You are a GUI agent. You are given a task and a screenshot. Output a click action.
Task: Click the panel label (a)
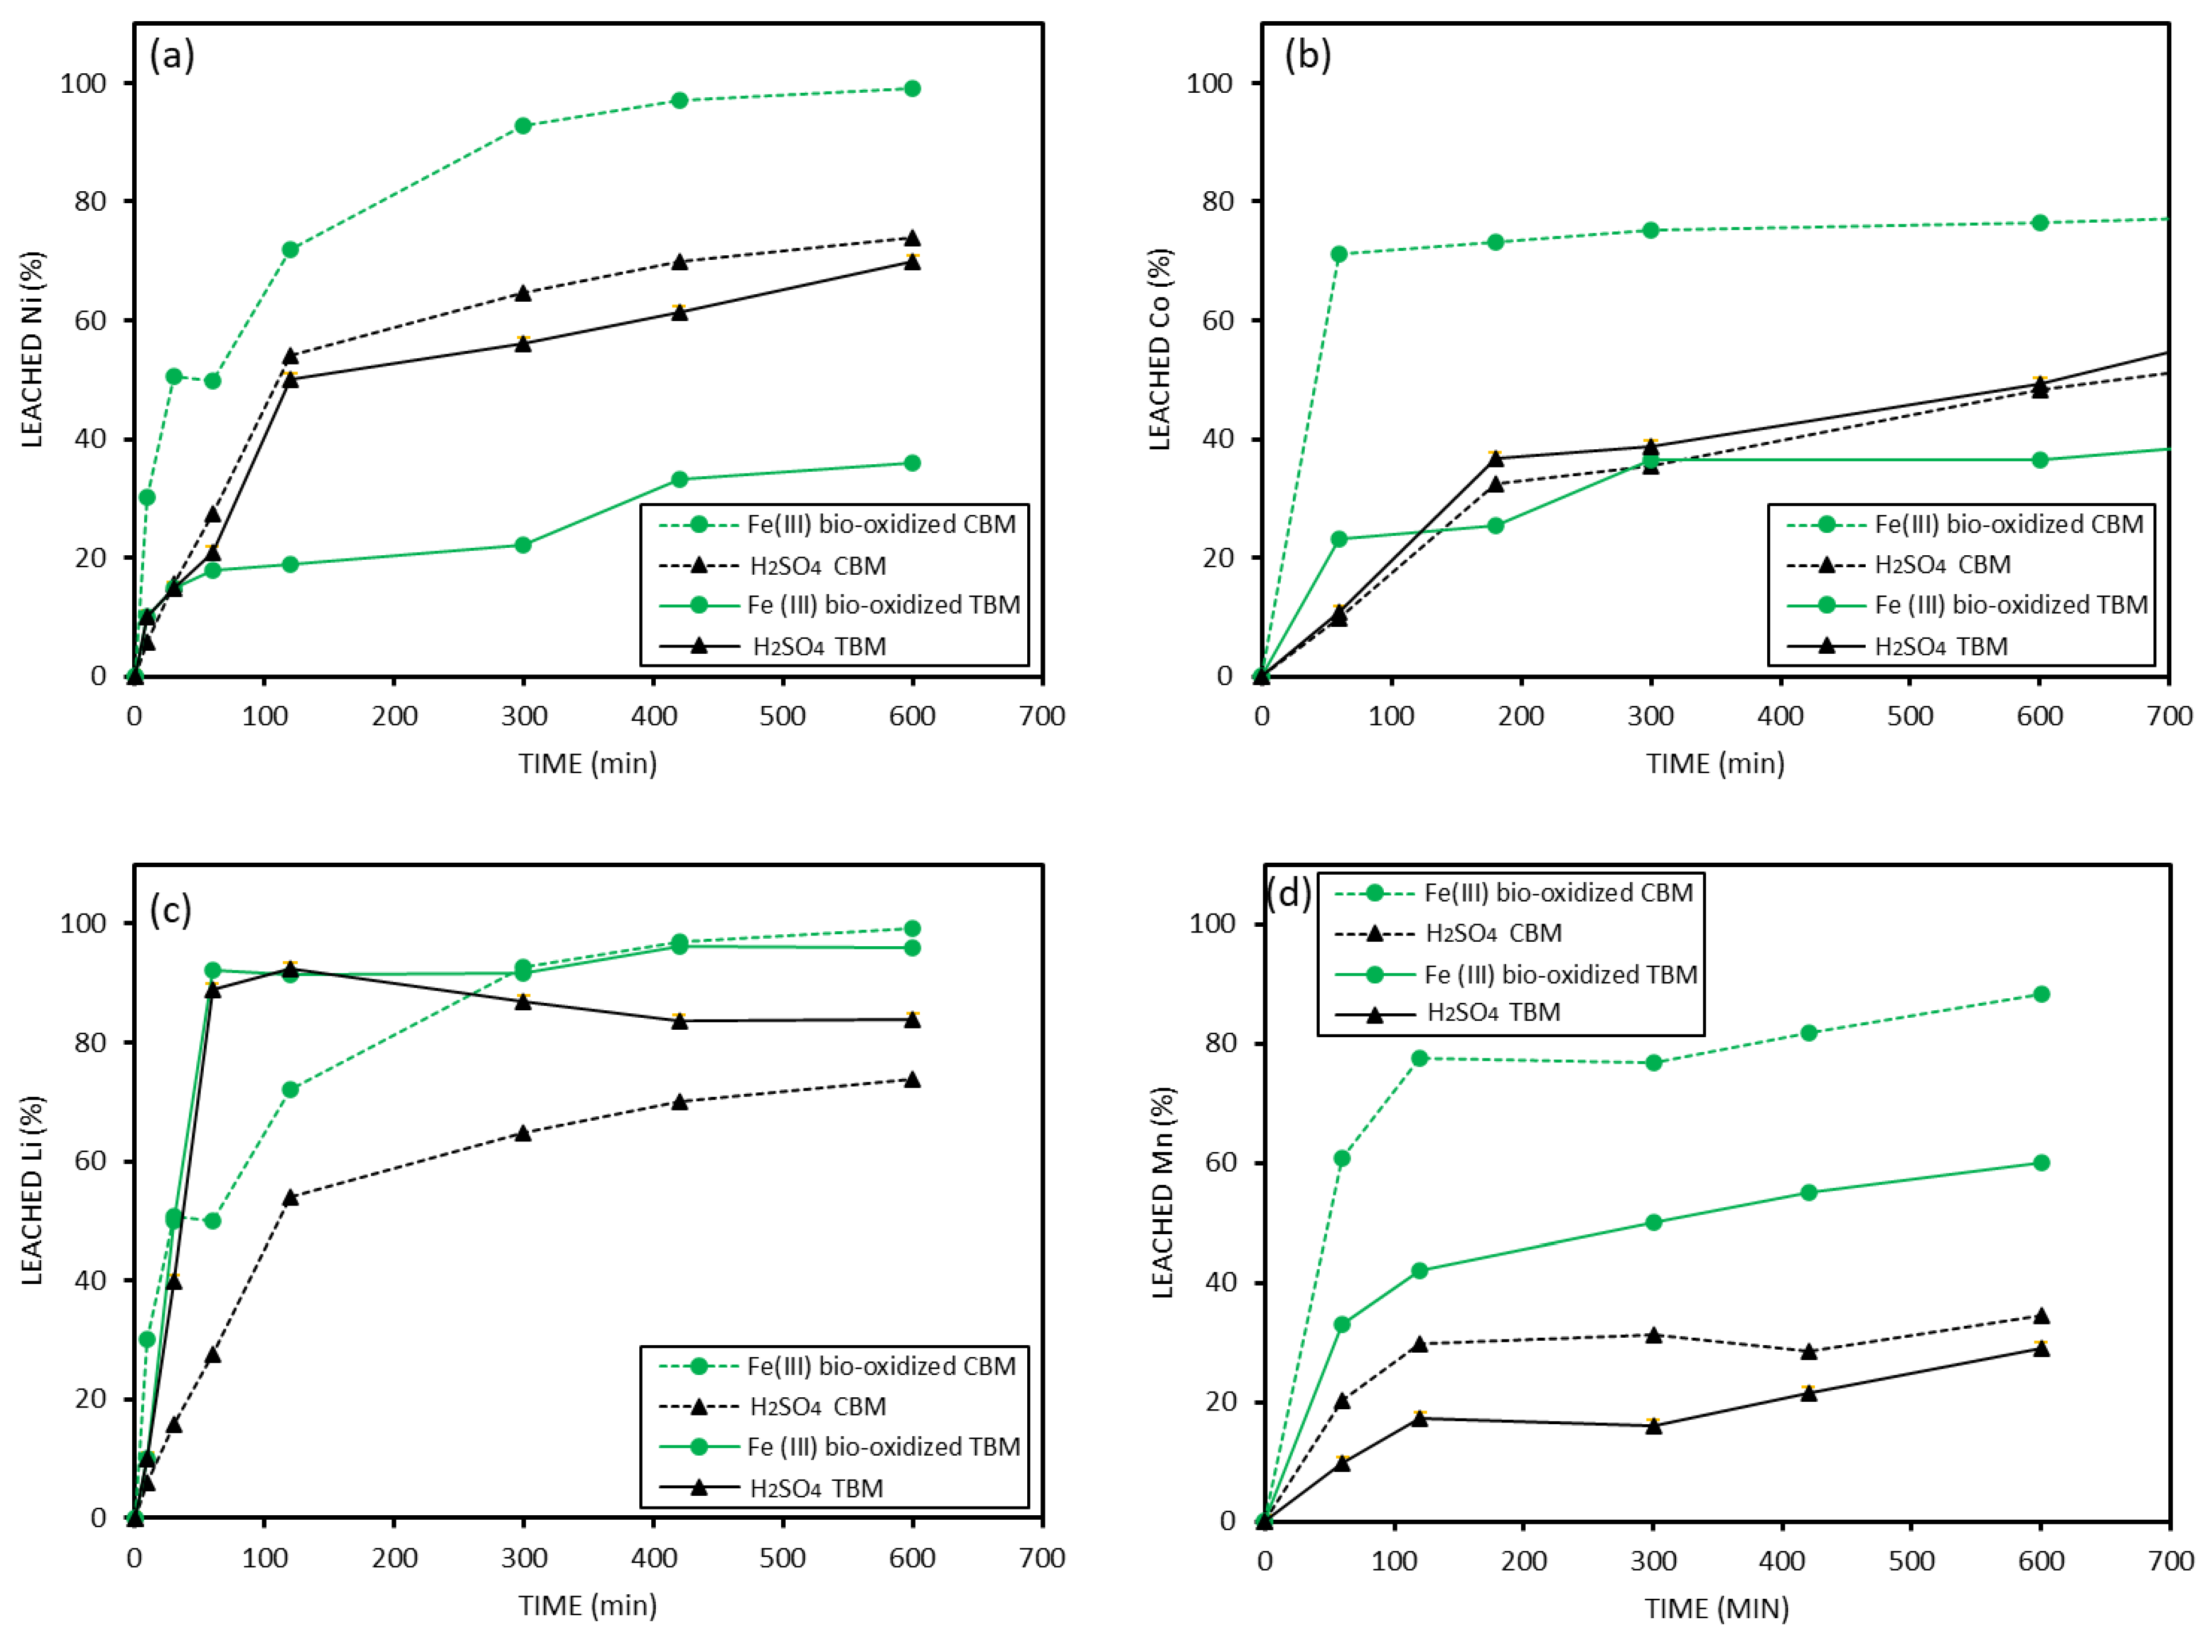coord(172,56)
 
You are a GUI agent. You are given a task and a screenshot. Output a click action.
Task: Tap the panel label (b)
coord(1307,56)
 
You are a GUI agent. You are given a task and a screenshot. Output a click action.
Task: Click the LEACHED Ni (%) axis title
coord(33,349)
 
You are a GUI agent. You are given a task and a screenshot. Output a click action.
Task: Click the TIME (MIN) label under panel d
coord(1717,1607)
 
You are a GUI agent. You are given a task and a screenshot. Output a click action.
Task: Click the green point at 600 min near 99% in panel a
coord(912,88)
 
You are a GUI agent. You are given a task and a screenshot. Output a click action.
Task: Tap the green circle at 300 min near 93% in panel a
coord(523,126)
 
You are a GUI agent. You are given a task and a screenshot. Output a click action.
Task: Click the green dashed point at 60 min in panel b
coord(1339,254)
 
